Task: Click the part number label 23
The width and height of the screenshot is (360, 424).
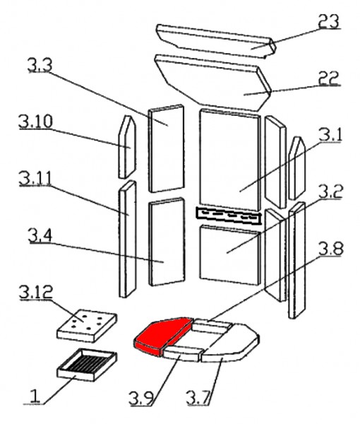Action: pos(328,20)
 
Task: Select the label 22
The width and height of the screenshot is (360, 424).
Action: pos(328,78)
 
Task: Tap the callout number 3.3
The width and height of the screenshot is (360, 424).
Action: pos(40,65)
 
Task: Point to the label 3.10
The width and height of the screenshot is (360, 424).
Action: pos(35,121)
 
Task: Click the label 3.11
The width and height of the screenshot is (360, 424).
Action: pos(35,178)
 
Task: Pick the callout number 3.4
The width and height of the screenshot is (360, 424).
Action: pos(40,235)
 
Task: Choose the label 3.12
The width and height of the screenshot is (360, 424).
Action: pos(36,292)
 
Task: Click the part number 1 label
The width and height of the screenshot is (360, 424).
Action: pos(35,396)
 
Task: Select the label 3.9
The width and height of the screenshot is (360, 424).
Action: pos(141,398)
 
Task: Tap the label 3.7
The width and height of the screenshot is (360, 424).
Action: pos(198,397)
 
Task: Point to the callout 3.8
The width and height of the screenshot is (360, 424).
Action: pos(331,249)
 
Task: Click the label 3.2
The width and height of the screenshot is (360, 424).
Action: pos(330,192)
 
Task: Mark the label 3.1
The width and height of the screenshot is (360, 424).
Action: pos(330,135)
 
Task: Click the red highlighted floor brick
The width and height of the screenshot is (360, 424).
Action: pos(162,335)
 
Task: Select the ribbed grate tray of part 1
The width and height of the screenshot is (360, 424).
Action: pos(86,365)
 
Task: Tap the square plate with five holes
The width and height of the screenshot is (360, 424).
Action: pos(86,326)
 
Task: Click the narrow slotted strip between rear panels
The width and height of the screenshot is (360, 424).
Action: pos(229,216)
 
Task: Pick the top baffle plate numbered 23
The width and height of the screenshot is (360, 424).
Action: pos(216,40)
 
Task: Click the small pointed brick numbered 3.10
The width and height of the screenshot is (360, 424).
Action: pos(127,147)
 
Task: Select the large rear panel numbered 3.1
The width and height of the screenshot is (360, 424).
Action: pos(230,160)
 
